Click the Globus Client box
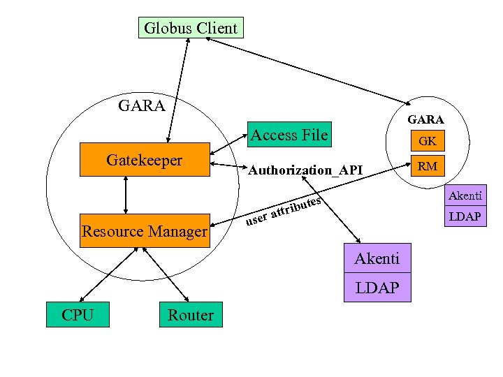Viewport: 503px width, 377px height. pyautogui.click(x=190, y=28)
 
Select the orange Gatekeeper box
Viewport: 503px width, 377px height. pyautogui.click(x=144, y=160)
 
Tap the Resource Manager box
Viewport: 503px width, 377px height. pyautogui.click(x=145, y=230)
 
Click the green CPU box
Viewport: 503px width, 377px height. pyautogui.click(x=78, y=315)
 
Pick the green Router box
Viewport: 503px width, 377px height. pyautogui.click(x=191, y=315)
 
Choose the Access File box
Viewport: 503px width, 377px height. pyautogui.click(x=289, y=135)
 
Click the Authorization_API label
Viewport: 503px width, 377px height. pyautogui.click(x=305, y=170)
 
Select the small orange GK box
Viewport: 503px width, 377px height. pyautogui.click(x=428, y=141)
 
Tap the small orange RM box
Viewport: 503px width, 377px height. pyautogui.click(x=428, y=166)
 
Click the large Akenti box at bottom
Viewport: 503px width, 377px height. pyautogui.click(x=377, y=259)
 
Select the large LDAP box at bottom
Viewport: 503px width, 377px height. pyautogui.click(x=377, y=287)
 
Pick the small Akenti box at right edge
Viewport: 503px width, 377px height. pyautogui.click(x=465, y=196)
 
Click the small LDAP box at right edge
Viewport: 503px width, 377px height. pyautogui.click(x=465, y=216)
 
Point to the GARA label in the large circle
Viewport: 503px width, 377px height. pyautogui.click(x=142, y=106)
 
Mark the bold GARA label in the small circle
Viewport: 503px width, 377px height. pyautogui.click(x=426, y=119)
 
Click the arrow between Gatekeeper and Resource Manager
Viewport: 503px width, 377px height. pyautogui.click(x=126, y=195)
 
